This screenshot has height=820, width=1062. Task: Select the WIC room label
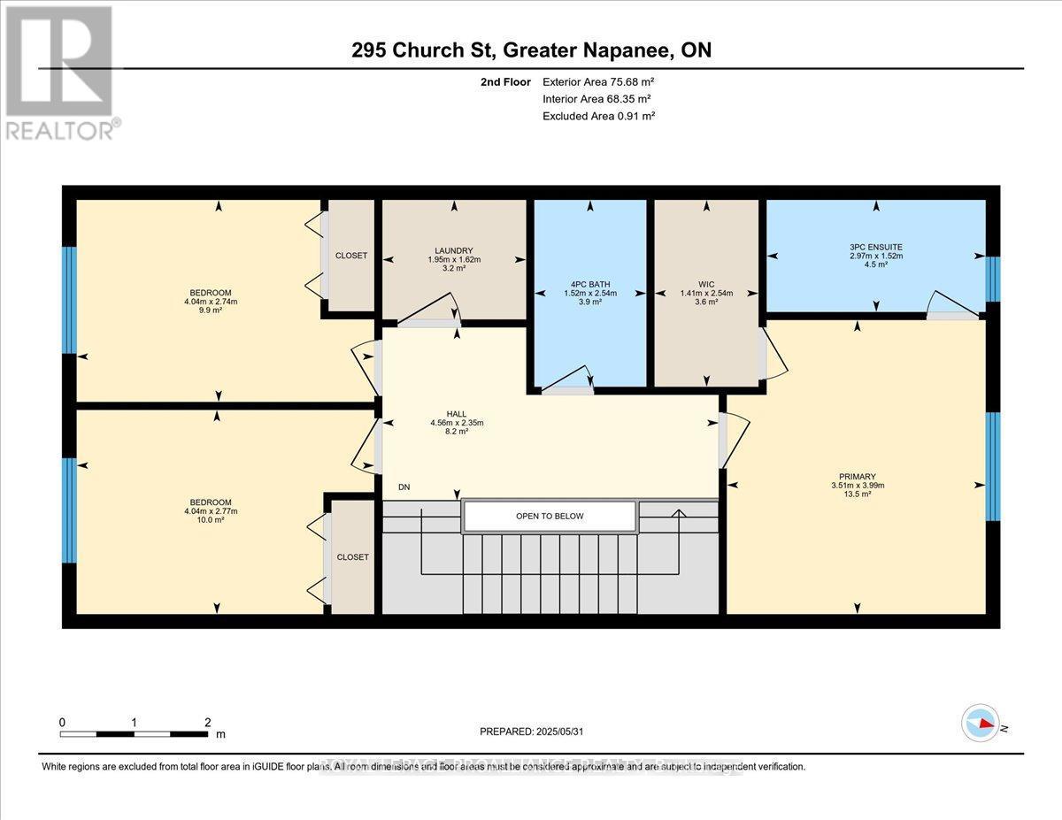[x=705, y=284]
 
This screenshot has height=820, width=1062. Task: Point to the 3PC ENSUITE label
[x=875, y=247]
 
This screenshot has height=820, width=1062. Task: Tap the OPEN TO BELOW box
[x=550, y=516]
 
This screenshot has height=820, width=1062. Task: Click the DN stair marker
[x=404, y=487]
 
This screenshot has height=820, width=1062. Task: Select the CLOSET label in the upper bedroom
[x=351, y=256]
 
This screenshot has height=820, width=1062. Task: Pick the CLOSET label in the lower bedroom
[x=352, y=557]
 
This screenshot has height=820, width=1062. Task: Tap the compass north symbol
[x=981, y=722]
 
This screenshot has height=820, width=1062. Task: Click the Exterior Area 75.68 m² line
[x=597, y=82]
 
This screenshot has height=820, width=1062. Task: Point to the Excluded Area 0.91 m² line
[x=597, y=116]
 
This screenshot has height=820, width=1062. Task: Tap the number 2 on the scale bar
[x=207, y=722]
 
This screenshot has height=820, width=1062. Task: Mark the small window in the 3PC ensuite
[x=993, y=280]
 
